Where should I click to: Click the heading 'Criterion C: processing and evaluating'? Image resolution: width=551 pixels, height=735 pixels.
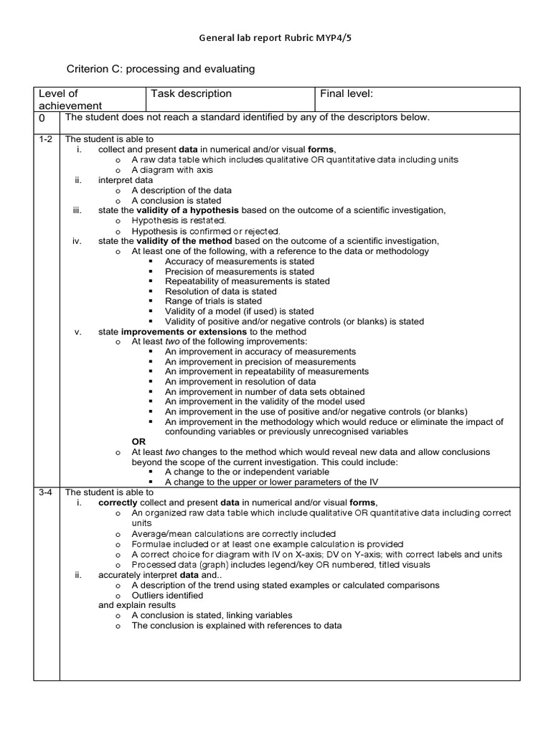tap(161, 69)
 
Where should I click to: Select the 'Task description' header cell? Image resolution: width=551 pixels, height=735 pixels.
tap(191, 93)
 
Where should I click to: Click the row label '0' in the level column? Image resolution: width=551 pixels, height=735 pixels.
tap(42, 118)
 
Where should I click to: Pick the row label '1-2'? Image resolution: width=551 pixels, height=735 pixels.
tap(45, 139)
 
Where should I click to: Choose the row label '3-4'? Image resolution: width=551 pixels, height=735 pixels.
tap(45, 492)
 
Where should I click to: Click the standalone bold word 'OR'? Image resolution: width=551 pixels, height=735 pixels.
tap(139, 442)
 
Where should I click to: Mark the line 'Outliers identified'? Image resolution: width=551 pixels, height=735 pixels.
tap(167, 595)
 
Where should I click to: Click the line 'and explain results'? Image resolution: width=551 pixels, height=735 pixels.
tap(136, 605)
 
